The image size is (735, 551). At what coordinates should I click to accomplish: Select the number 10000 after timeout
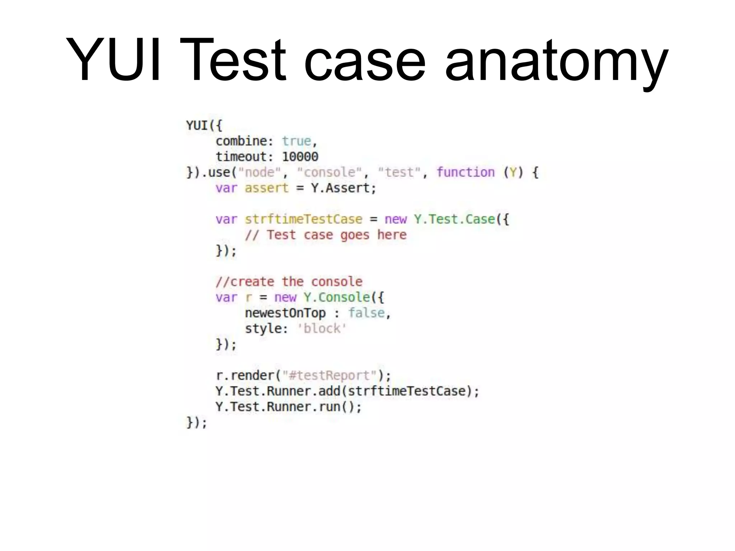click(x=300, y=157)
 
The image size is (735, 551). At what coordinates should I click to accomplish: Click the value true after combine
click(x=296, y=141)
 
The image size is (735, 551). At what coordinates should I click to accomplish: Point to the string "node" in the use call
click(x=259, y=173)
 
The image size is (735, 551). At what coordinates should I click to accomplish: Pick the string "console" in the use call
click(x=329, y=173)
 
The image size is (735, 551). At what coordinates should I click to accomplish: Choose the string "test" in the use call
click(x=399, y=173)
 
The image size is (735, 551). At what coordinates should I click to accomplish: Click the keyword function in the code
click(x=465, y=173)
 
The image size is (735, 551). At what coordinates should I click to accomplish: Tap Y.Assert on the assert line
click(x=343, y=188)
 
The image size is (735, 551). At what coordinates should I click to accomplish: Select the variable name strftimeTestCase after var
click(x=304, y=219)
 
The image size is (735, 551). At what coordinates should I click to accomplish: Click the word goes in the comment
click(x=355, y=235)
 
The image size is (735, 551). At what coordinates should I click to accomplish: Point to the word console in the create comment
click(x=337, y=282)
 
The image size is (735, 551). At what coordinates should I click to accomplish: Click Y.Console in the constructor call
click(x=337, y=297)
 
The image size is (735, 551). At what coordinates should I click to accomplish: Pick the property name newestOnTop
click(x=285, y=313)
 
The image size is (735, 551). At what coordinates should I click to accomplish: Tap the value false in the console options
click(x=366, y=313)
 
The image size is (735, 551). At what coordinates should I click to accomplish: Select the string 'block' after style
click(x=322, y=329)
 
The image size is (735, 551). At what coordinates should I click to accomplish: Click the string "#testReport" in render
click(x=329, y=376)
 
